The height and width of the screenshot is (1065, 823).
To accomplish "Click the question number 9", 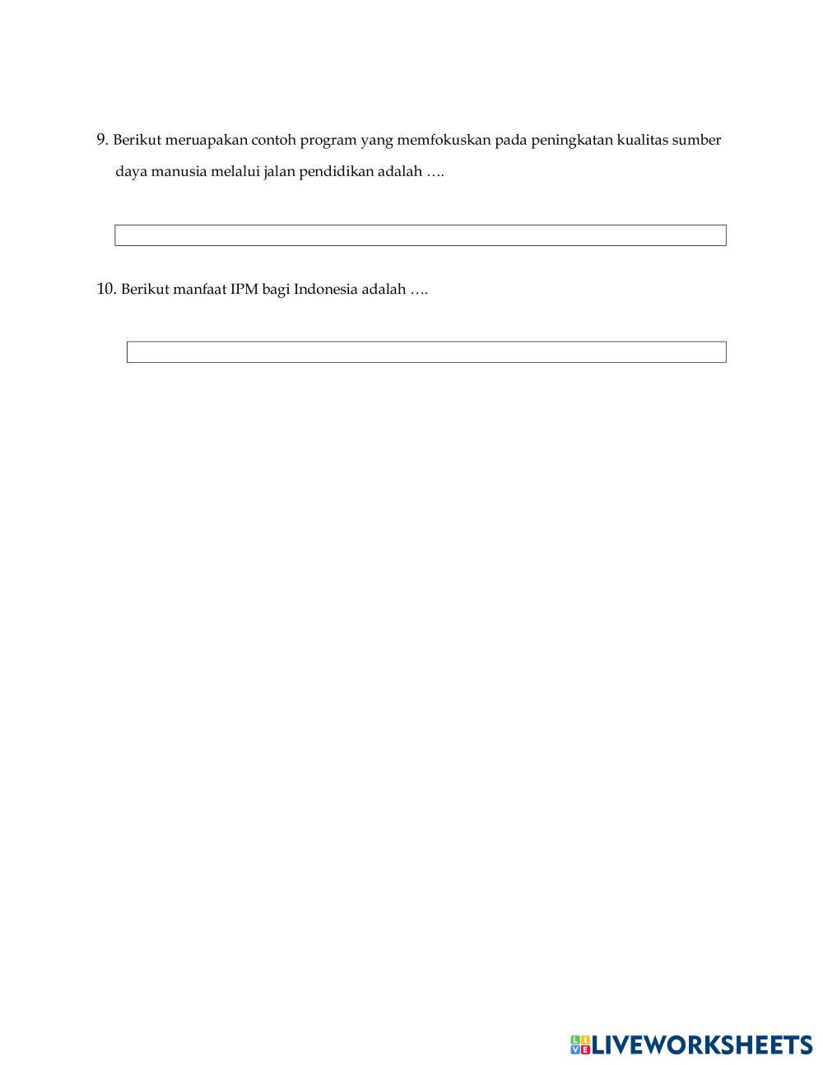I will point(102,140).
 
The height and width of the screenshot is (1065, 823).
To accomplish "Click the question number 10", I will point(106,289).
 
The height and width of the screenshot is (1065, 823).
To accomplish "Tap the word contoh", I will point(273,140).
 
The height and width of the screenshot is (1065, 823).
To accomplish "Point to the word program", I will point(328,141).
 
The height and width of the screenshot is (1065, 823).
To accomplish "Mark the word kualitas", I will point(642,140).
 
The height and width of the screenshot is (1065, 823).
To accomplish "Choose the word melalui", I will point(235,172).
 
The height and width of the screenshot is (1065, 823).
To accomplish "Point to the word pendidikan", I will point(332,172).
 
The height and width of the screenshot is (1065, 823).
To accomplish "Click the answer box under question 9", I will point(420,235).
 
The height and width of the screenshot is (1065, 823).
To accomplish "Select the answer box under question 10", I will point(426,352).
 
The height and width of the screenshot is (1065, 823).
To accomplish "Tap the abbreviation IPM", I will point(244,290).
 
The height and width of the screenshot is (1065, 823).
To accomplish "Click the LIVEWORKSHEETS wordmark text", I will point(702,1045).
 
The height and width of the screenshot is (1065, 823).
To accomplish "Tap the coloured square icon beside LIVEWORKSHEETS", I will point(580,1045).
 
